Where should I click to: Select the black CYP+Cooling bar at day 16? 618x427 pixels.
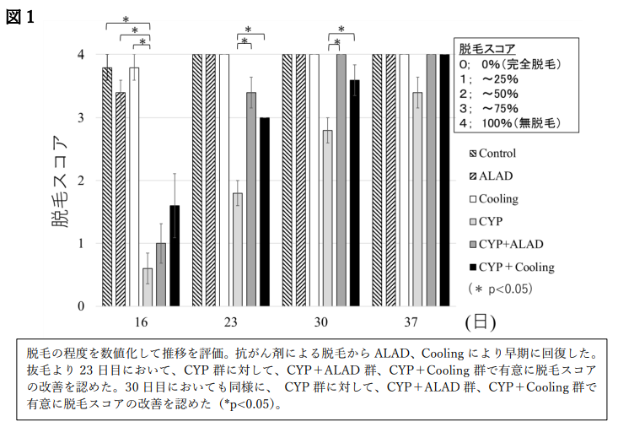[x=175, y=256]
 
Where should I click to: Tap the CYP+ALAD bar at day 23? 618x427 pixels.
[x=251, y=199]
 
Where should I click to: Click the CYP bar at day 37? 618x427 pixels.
[x=417, y=199]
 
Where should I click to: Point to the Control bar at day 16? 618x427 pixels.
[x=107, y=186]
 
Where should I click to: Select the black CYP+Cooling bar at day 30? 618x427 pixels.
[x=355, y=193]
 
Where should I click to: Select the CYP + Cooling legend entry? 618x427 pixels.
[x=513, y=267]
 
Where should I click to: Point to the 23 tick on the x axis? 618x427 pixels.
[x=231, y=322]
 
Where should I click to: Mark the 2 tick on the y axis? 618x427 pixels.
[x=81, y=181]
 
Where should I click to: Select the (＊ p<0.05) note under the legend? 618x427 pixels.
[x=501, y=289]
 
